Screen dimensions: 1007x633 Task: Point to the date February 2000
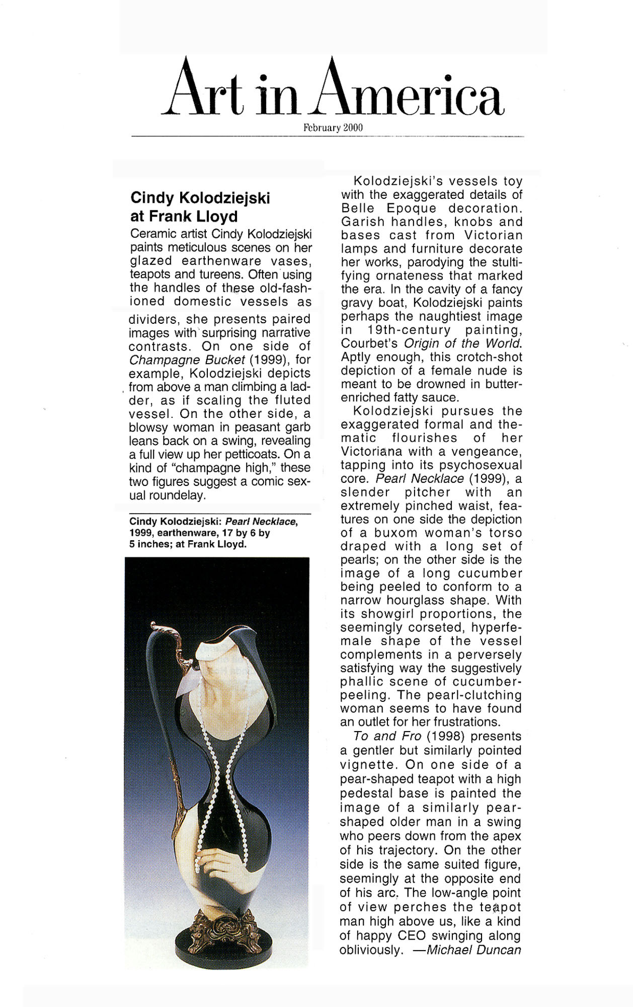coord(333,128)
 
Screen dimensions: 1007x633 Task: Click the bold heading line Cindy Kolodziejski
coord(200,198)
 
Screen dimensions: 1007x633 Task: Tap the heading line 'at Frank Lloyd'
coord(184,217)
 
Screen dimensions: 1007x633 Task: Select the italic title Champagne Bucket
coord(187,360)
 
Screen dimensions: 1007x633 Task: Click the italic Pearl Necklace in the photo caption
coord(261,522)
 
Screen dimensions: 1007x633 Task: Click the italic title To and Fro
coord(387,736)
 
